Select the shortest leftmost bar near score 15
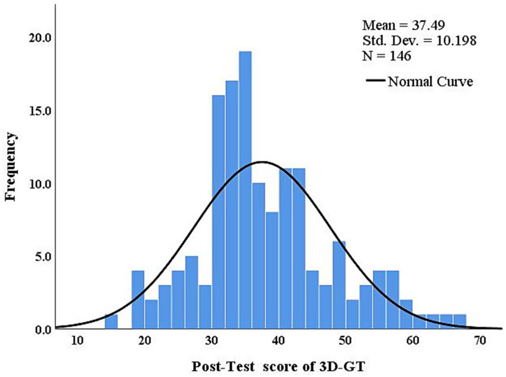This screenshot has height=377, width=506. pyautogui.click(x=111, y=322)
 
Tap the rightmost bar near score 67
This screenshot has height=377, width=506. pyautogui.click(x=459, y=322)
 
